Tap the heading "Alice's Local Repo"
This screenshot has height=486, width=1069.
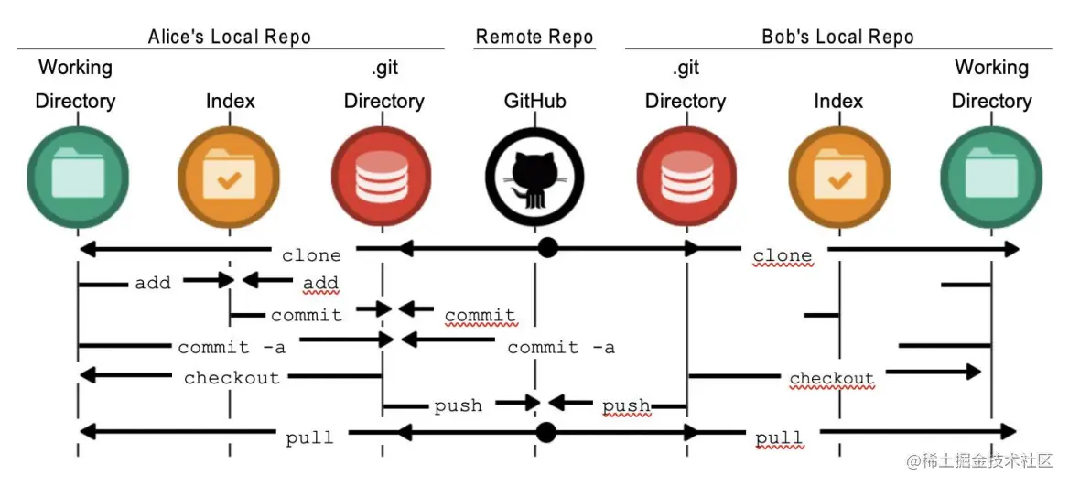click(230, 38)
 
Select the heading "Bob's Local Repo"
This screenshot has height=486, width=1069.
click(837, 38)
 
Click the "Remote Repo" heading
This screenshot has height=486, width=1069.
click(534, 38)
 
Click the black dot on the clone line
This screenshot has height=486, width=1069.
click(547, 248)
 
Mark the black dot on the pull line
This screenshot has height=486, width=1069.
click(546, 431)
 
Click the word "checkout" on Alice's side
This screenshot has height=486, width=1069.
click(232, 377)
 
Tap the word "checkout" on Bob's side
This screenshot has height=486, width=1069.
click(831, 378)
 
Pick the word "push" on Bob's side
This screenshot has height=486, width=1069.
click(626, 405)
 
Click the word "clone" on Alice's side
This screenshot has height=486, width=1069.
click(311, 255)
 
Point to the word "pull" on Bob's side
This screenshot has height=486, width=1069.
click(779, 438)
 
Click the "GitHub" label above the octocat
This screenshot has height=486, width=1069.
click(534, 101)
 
